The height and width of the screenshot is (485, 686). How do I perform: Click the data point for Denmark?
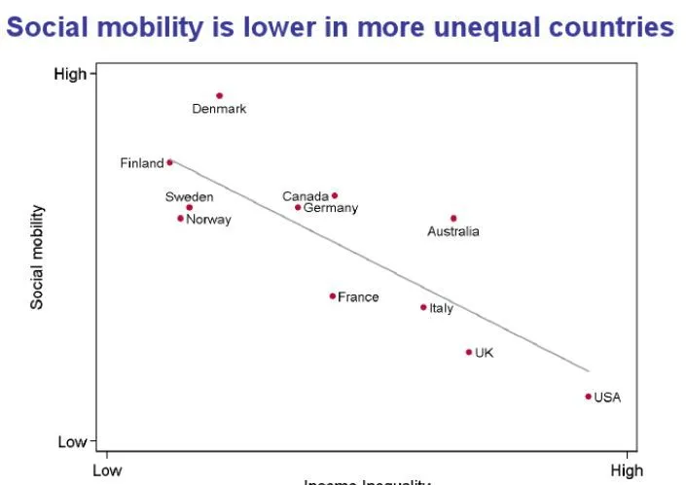(220, 95)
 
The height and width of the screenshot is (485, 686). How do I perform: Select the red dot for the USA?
(589, 397)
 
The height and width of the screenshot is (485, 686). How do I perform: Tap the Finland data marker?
(169, 162)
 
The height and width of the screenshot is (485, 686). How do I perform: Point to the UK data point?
(468, 352)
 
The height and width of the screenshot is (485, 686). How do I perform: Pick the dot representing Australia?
(453, 218)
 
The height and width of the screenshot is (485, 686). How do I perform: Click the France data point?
(332, 295)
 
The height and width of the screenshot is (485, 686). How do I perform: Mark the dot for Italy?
(423, 307)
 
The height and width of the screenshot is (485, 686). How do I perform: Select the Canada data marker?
(335, 195)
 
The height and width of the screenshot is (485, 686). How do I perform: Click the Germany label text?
(331, 208)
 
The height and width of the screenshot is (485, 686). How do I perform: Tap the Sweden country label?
(189, 196)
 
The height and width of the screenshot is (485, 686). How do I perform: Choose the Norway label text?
(208, 220)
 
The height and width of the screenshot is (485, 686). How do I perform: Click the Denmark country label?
(219, 109)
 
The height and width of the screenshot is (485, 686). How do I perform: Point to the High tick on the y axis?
(71, 74)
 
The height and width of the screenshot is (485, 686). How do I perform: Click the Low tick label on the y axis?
(72, 442)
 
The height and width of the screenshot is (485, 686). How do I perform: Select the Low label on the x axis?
(106, 470)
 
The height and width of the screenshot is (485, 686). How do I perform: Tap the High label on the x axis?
(626, 470)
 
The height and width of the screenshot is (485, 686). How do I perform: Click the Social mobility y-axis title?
(37, 257)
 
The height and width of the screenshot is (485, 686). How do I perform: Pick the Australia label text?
(453, 231)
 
